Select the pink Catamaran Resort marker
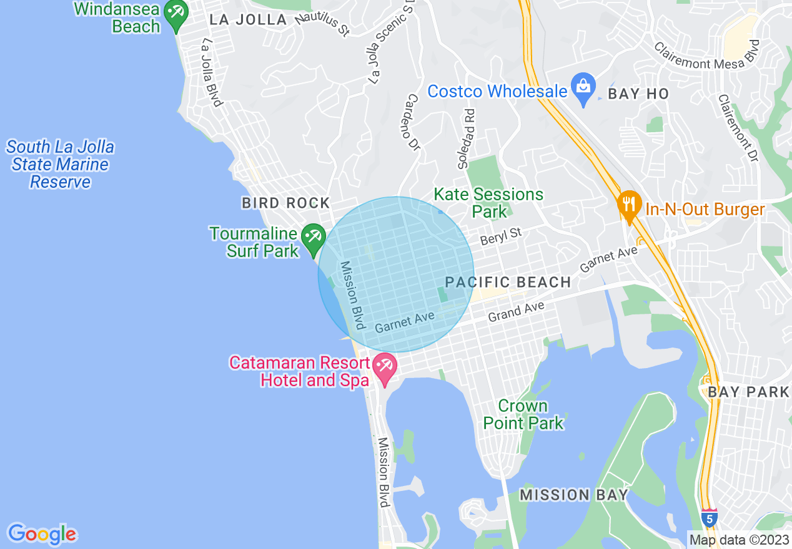click(384, 368)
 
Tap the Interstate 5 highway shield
click(709, 518)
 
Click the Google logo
click(42, 534)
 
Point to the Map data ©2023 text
click(738, 540)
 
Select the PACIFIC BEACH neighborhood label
click(508, 283)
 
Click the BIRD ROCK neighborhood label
click(286, 203)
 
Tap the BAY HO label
click(638, 94)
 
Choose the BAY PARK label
click(748, 392)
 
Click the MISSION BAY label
click(574, 495)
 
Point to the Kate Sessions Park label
click(489, 203)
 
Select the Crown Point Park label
click(523, 414)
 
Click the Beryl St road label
click(500, 236)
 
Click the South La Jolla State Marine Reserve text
click(61, 165)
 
